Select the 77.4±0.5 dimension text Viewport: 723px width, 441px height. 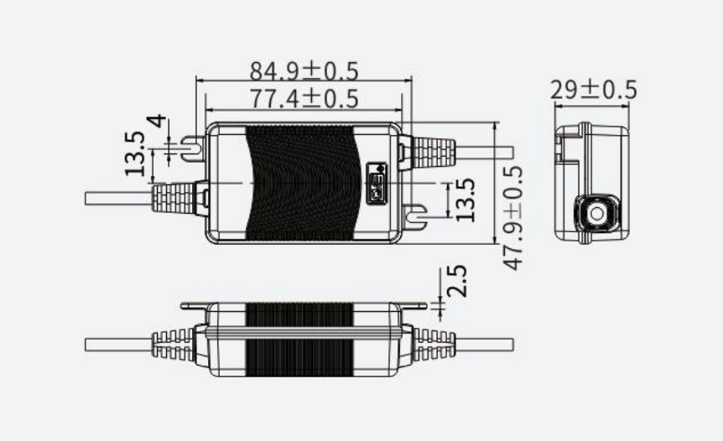click(x=304, y=99)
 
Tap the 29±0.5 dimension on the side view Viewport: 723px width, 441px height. click(x=594, y=90)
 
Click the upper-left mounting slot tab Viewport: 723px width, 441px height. click(x=193, y=148)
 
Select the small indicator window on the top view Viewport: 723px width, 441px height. click(x=377, y=184)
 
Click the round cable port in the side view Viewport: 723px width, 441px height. click(x=597, y=213)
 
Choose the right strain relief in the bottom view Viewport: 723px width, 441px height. click(x=434, y=345)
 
